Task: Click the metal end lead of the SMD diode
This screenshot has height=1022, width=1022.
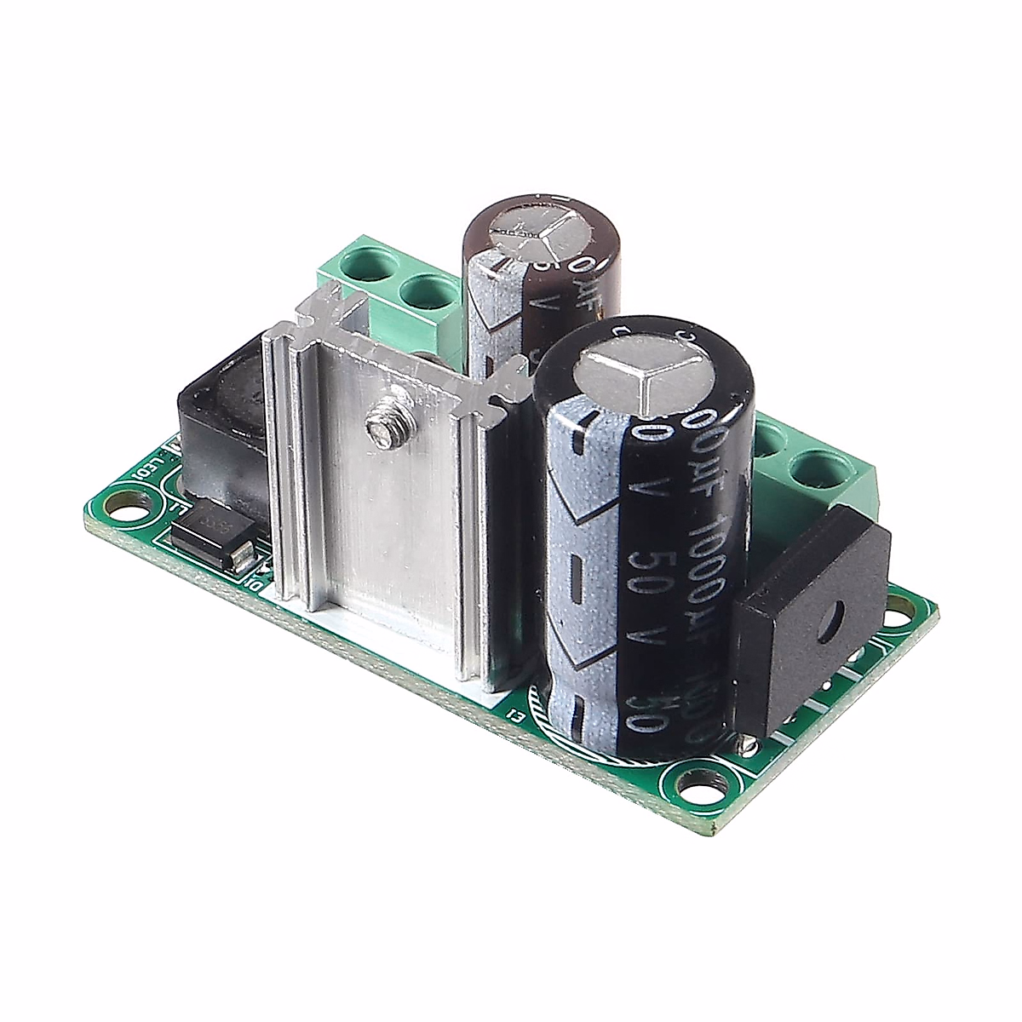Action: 244,557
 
